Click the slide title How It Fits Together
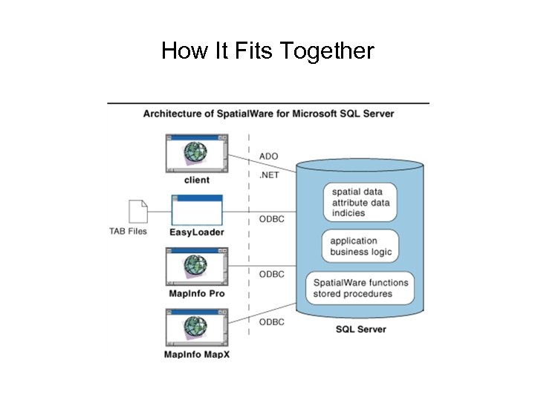(267, 51)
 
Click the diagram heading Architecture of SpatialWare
(268, 114)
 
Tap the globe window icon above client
(197, 152)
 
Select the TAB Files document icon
(137, 212)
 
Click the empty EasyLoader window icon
(197, 210)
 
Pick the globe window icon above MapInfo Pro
(197, 267)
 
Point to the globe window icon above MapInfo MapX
(197, 327)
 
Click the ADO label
(268, 157)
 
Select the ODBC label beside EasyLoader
(271, 219)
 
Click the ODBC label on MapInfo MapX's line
(271, 322)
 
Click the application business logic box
(360, 247)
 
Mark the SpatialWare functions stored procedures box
(360, 288)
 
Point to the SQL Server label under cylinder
(361, 329)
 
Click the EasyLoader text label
(197, 232)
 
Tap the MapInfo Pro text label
(197, 293)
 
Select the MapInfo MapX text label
(197, 354)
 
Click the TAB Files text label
(128, 231)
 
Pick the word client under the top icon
(197, 180)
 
